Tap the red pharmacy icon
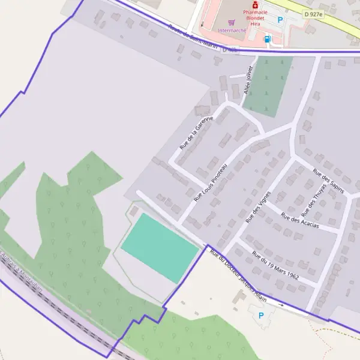256,4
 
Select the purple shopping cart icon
222,22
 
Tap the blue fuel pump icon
268,40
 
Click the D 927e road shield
313,14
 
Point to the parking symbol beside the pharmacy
280,20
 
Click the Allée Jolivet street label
248,80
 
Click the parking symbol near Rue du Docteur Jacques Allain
260,316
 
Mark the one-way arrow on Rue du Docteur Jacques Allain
280,305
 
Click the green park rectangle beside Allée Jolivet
268,86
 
